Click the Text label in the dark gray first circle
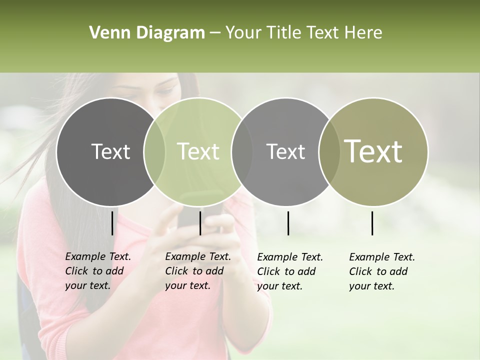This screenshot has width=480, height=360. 110,151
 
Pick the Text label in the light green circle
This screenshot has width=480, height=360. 198,151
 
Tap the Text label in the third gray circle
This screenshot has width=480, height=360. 286,151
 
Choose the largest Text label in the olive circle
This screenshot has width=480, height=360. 373,151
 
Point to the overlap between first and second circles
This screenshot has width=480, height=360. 154,151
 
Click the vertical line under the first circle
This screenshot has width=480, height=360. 112,223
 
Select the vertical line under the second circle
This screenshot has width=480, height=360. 200,223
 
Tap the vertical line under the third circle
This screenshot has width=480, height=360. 288,223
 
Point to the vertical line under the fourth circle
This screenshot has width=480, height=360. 372,223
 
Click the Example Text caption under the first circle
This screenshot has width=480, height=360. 98,271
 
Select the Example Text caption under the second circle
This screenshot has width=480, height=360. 198,271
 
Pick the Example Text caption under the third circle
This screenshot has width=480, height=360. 290,271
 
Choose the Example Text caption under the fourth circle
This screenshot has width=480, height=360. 382,271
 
